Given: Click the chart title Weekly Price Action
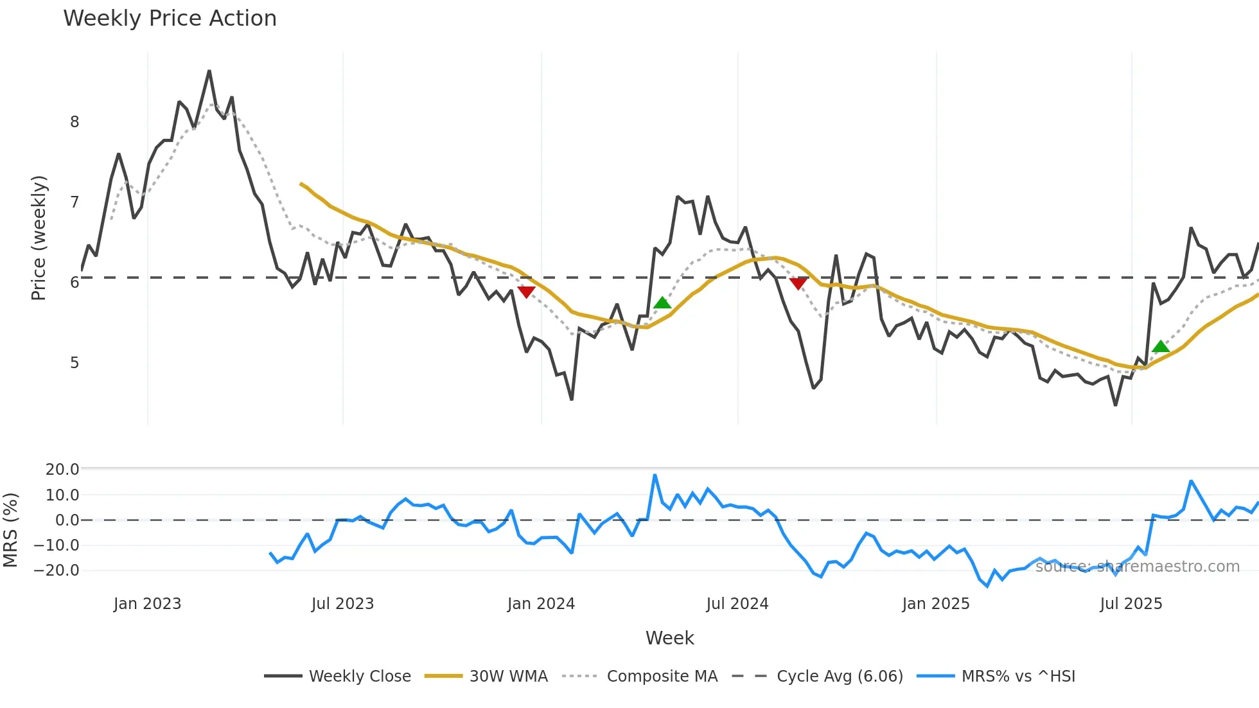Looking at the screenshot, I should (170, 19).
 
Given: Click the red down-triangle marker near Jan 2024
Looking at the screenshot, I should (526, 292).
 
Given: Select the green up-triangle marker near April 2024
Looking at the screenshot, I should (662, 303).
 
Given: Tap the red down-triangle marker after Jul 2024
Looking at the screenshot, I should (798, 283).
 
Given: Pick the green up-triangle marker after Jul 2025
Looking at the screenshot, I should (1161, 347).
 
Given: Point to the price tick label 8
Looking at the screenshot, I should (75, 122).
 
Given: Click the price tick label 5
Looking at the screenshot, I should (75, 363).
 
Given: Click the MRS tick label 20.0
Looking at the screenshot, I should (62, 470).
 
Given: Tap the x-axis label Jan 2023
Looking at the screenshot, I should (147, 604).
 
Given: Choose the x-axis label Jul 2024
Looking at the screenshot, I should (737, 604).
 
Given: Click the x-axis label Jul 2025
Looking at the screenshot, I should (1131, 604).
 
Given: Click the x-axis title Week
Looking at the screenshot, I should (669, 638).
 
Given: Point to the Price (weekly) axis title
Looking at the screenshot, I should (39, 238).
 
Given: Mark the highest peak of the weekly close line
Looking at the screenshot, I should (209, 71).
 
